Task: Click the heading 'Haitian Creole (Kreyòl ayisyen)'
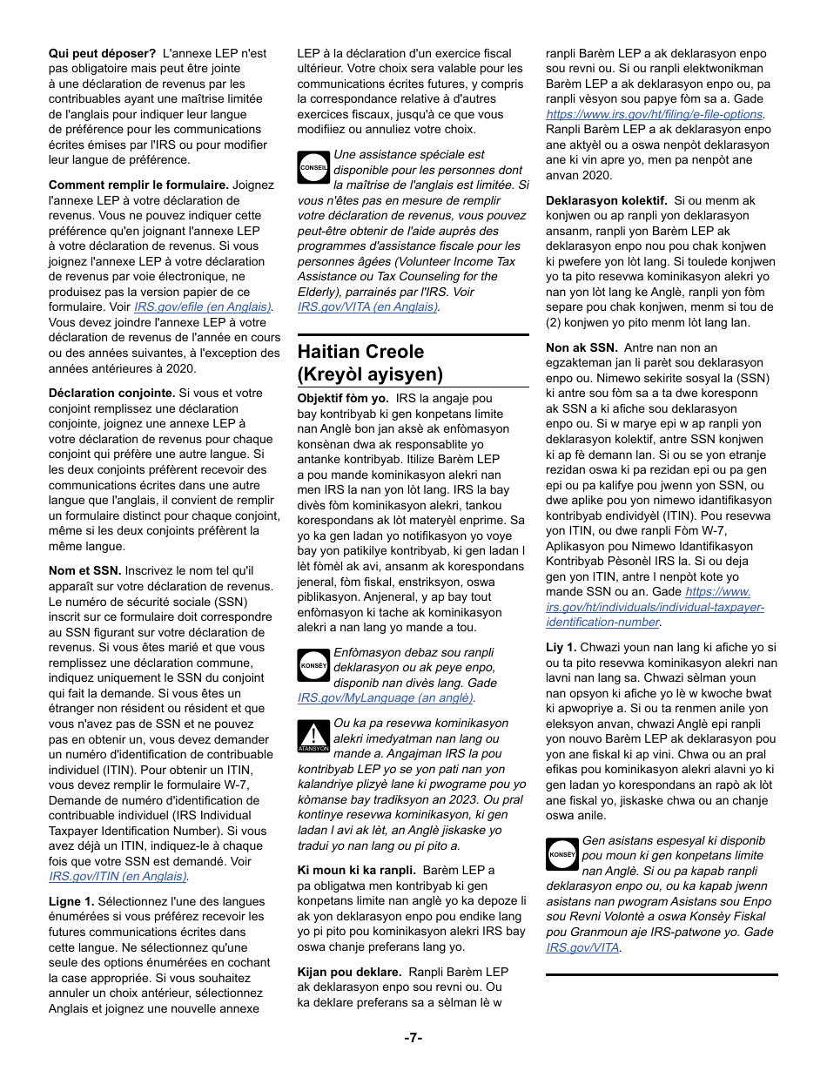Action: (x=370, y=362)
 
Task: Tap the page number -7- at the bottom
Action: (x=413, y=1037)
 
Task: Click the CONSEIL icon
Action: (x=313, y=167)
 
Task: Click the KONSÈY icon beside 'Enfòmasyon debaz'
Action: (x=313, y=665)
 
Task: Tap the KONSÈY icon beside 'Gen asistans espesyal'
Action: (x=562, y=854)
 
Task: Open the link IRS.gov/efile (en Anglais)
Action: (x=203, y=306)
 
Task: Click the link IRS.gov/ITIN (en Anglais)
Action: (x=118, y=876)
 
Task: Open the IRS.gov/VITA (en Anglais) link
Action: (x=367, y=306)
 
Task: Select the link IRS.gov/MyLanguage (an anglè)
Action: (x=386, y=697)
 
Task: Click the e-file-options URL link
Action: (x=655, y=114)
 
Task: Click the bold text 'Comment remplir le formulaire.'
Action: (x=138, y=185)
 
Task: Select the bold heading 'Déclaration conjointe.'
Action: (x=111, y=393)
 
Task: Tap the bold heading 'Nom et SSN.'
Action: (x=84, y=570)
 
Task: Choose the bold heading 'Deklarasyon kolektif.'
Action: (x=606, y=200)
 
